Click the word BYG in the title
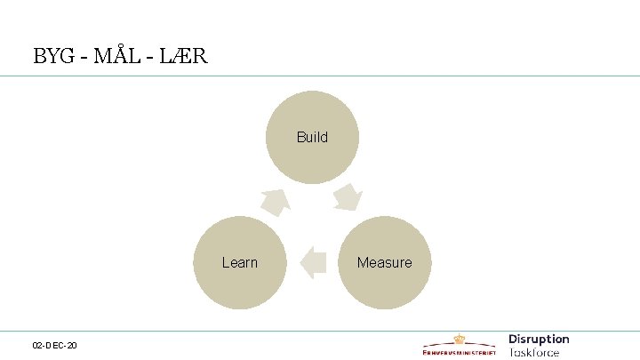[x=53, y=56]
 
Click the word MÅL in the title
[x=120, y=56]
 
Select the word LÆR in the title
[x=185, y=56]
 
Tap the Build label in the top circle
[x=312, y=137]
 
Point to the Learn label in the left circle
[x=239, y=262]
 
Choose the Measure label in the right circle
[x=384, y=262]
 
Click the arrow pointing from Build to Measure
[x=348, y=197]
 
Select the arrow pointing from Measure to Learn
[x=312, y=262]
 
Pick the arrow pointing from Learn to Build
[x=276, y=202]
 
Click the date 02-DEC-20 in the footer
[x=54, y=344]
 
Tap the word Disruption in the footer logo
[x=539, y=339]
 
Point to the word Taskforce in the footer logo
[x=534, y=351]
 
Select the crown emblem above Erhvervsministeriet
[x=459, y=339]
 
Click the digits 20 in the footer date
[x=71, y=344]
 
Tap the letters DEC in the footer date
[x=54, y=344]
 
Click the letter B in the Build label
[x=300, y=137]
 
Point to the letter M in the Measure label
[x=362, y=262]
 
